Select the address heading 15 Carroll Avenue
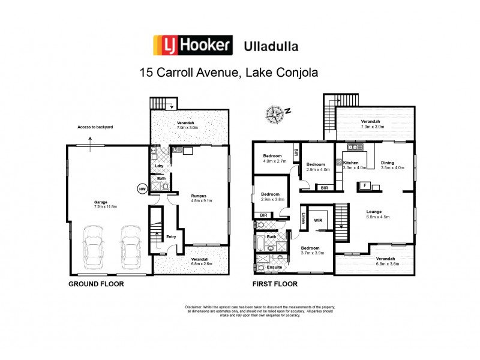(228, 73)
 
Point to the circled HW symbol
(142, 188)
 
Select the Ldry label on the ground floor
(159, 166)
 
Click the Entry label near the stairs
(171, 236)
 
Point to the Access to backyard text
(95, 128)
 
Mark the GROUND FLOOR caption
(96, 284)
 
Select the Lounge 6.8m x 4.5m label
(379, 215)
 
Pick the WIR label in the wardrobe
(318, 221)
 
